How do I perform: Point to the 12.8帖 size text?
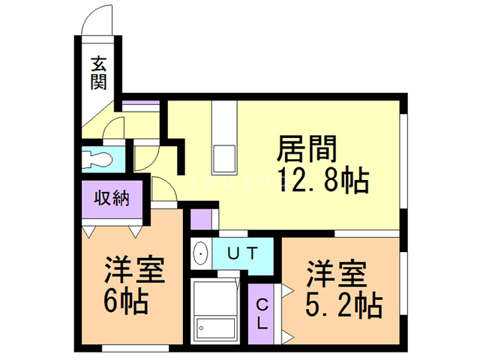[x=322, y=179]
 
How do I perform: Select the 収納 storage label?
[x=112, y=199]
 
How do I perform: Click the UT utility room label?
[x=243, y=253]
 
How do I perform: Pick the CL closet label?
[x=262, y=314]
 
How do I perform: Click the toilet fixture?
[x=97, y=159]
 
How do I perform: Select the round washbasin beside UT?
[x=200, y=253]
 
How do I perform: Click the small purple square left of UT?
[x=200, y=219]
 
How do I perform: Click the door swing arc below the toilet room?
[x=162, y=187]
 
